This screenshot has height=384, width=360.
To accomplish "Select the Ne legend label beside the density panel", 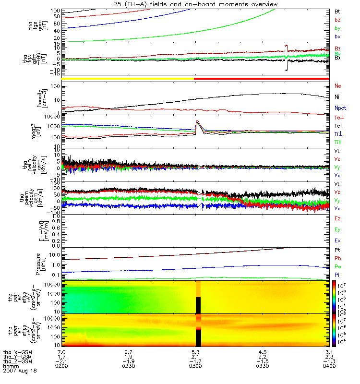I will coord(338,86).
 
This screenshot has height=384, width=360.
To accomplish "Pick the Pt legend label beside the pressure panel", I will coord(337,251).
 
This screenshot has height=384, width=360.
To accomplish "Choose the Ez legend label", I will coord(337,218).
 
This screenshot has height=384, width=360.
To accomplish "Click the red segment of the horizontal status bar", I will coord(262,78).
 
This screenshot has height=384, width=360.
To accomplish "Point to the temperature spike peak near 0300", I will coord(196,121).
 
